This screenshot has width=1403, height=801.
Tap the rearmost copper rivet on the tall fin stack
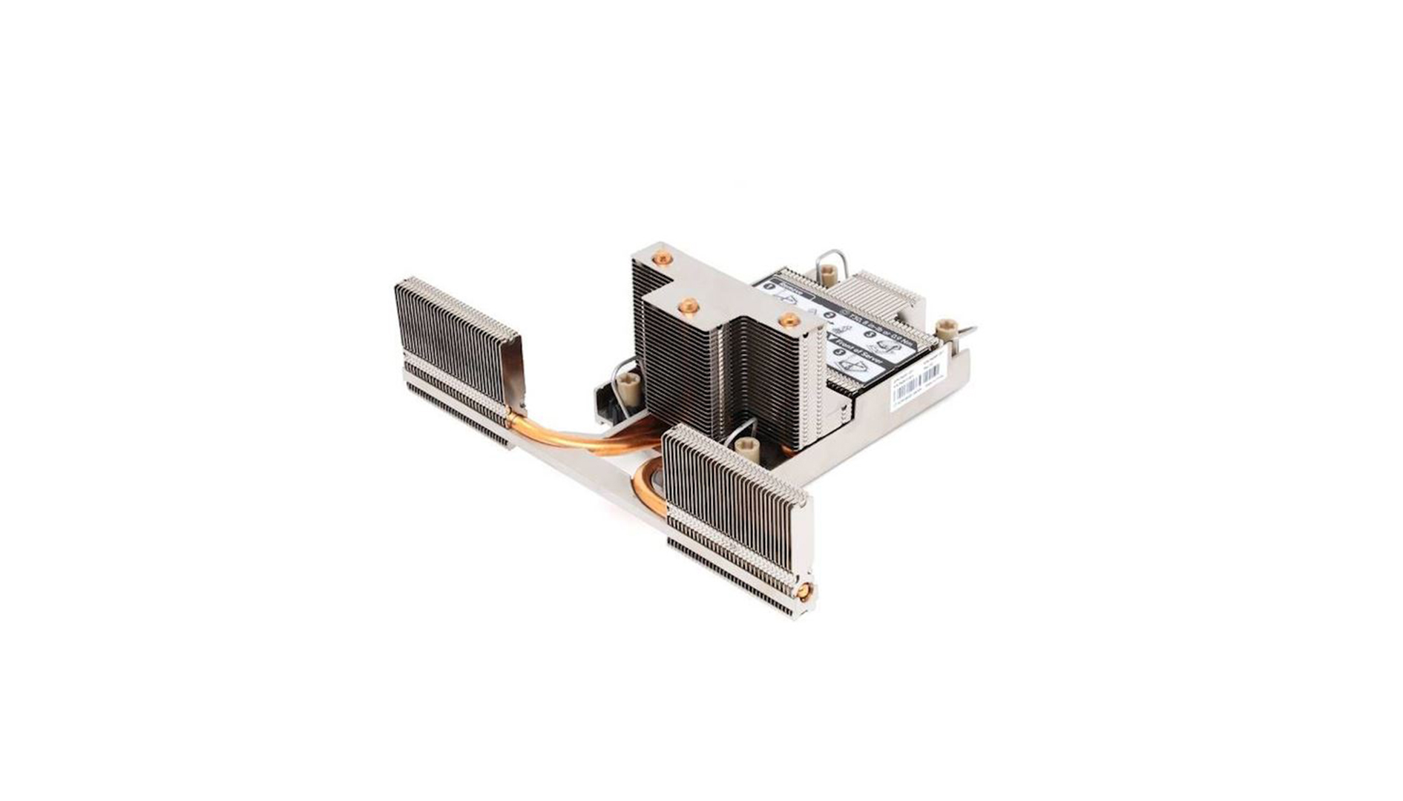click(x=662, y=258)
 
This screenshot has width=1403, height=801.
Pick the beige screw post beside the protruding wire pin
click(x=946, y=329)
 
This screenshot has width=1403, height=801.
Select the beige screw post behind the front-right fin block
click(x=744, y=448)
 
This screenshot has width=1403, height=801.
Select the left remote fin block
click(x=456, y=356)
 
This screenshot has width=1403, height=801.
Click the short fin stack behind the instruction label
click(x=883, y=293)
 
